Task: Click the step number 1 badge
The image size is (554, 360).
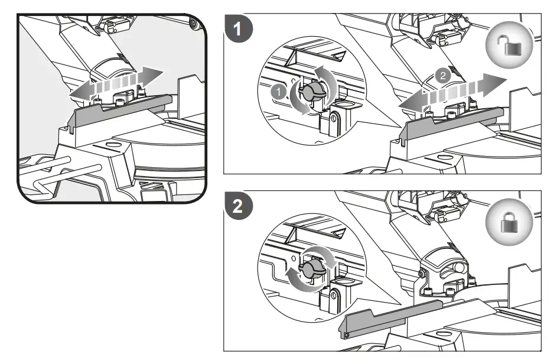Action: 237,30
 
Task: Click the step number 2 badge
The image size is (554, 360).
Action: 237,206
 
